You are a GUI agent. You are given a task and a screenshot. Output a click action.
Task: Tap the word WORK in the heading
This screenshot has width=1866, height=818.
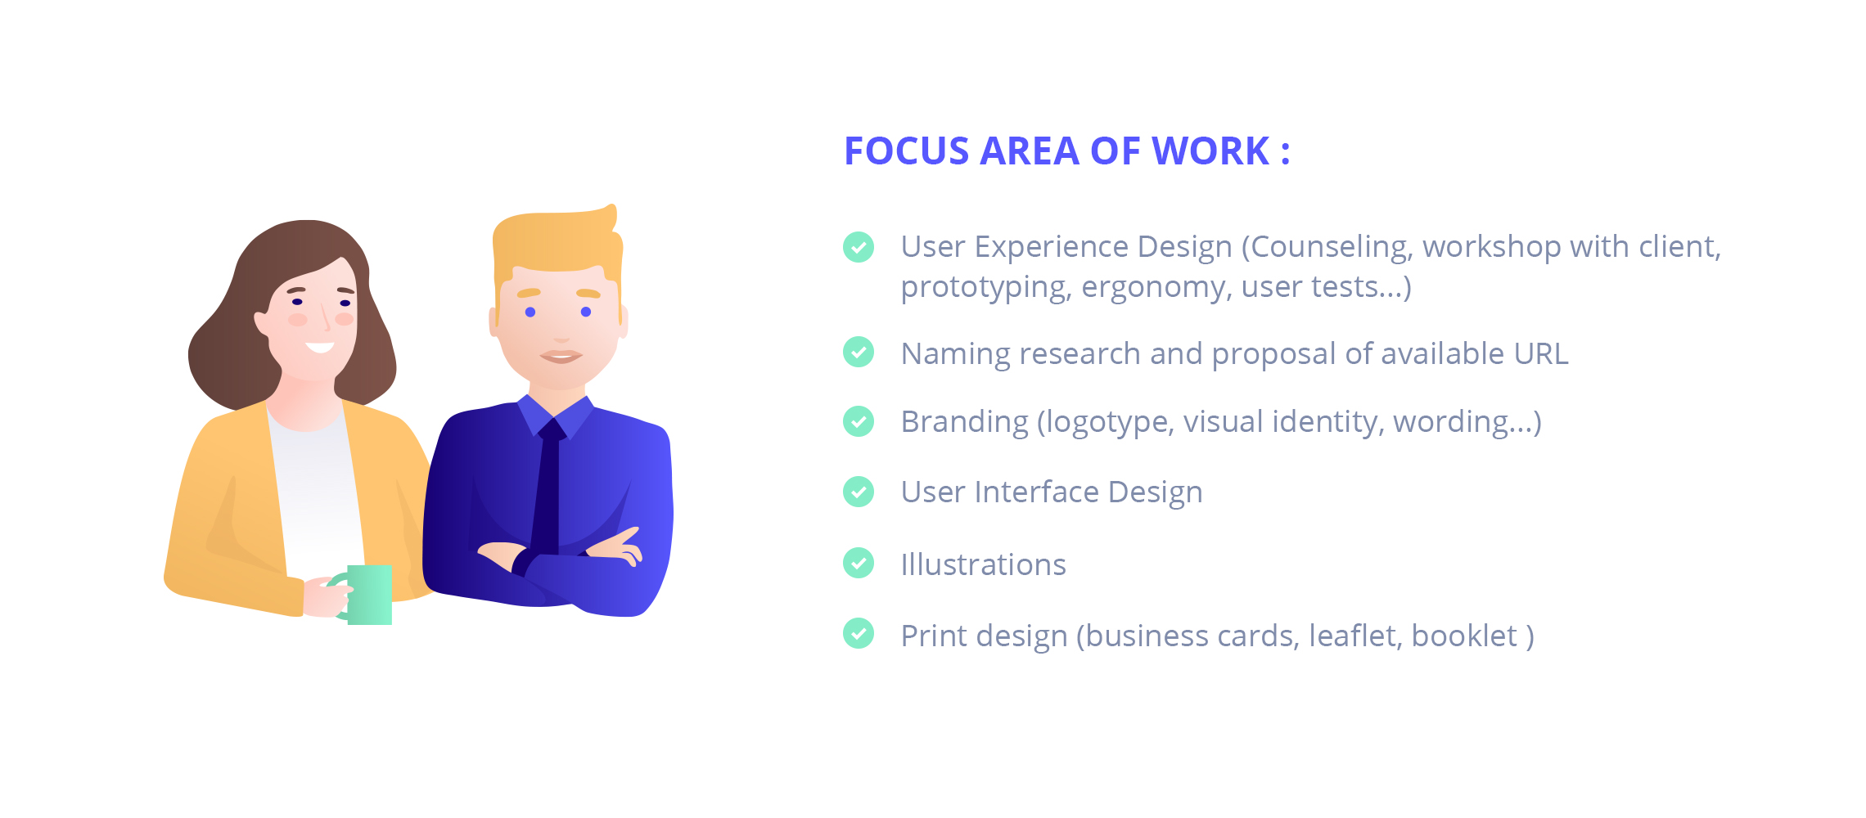pos(1210,151)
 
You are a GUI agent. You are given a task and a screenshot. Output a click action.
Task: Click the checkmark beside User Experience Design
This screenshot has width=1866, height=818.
pos(859,247)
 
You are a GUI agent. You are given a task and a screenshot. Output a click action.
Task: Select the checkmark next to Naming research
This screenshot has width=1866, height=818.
pos(859,352)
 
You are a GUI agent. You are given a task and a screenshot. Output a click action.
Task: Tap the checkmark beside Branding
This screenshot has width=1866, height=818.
pos(859,421)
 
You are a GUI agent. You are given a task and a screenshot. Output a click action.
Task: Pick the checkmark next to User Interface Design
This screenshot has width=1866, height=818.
pos(859,492)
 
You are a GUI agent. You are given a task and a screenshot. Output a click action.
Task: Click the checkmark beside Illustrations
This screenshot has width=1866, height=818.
pos(859,563)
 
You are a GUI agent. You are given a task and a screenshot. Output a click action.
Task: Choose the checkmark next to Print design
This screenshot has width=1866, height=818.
pos(859,633)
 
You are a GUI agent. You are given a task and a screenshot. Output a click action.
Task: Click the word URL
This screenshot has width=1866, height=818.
pos(1541,353)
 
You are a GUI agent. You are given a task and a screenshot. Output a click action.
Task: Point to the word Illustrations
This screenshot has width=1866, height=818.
pos(983,564)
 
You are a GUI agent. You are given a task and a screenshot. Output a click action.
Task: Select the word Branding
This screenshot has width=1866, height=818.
pos(965,422)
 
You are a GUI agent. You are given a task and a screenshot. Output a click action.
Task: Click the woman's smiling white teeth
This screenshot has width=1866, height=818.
pos(319,348)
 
